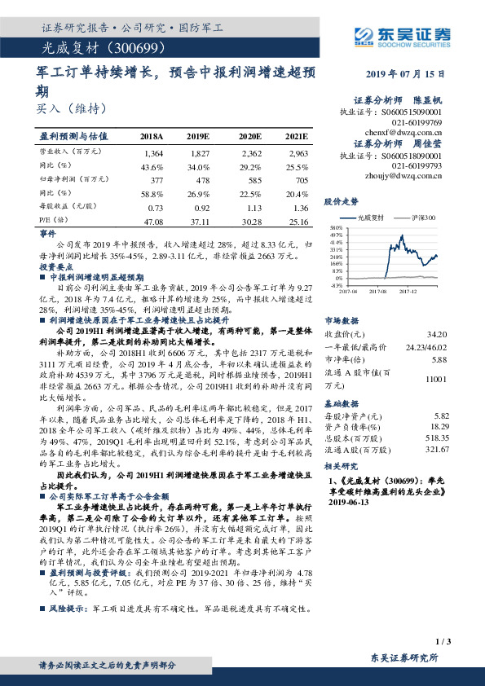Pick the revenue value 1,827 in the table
pos(199,152)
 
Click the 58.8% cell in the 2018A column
pos(152,194)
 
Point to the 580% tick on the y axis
pos(337,228)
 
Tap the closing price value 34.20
pos(436,335)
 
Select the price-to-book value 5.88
pos(439,359)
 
